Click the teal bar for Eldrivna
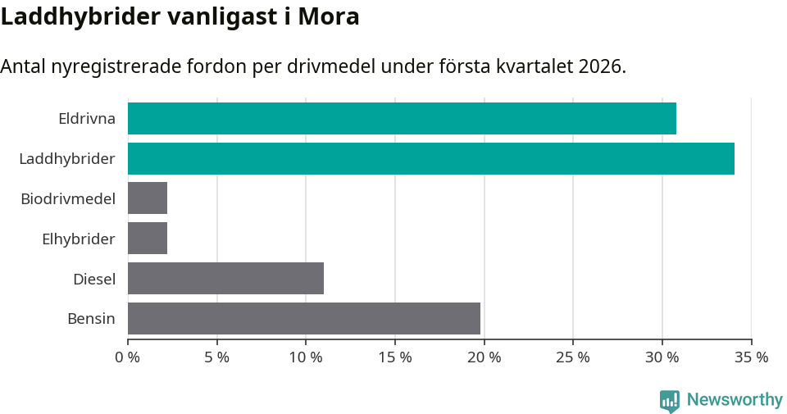coord(402,118)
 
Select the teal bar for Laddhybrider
coord(430,158)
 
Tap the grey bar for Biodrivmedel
coord(148,198)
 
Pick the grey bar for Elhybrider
coord(148,239)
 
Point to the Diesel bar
coord(225,279)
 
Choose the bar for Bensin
coord(303,318)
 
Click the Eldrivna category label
coord(86,118)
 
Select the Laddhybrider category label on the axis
coord(67,158)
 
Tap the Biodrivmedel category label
coord(68,198)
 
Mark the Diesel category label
coord(93,279)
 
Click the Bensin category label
coord(91,318)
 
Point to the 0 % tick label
coord(128,357)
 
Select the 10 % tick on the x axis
coord(306,357)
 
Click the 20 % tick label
coord(484,357)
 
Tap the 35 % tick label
coord(751,357)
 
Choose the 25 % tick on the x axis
coord(573,357)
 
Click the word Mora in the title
coord(330,16)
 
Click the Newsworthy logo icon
coord(670,400)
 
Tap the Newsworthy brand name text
coord(735,399)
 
